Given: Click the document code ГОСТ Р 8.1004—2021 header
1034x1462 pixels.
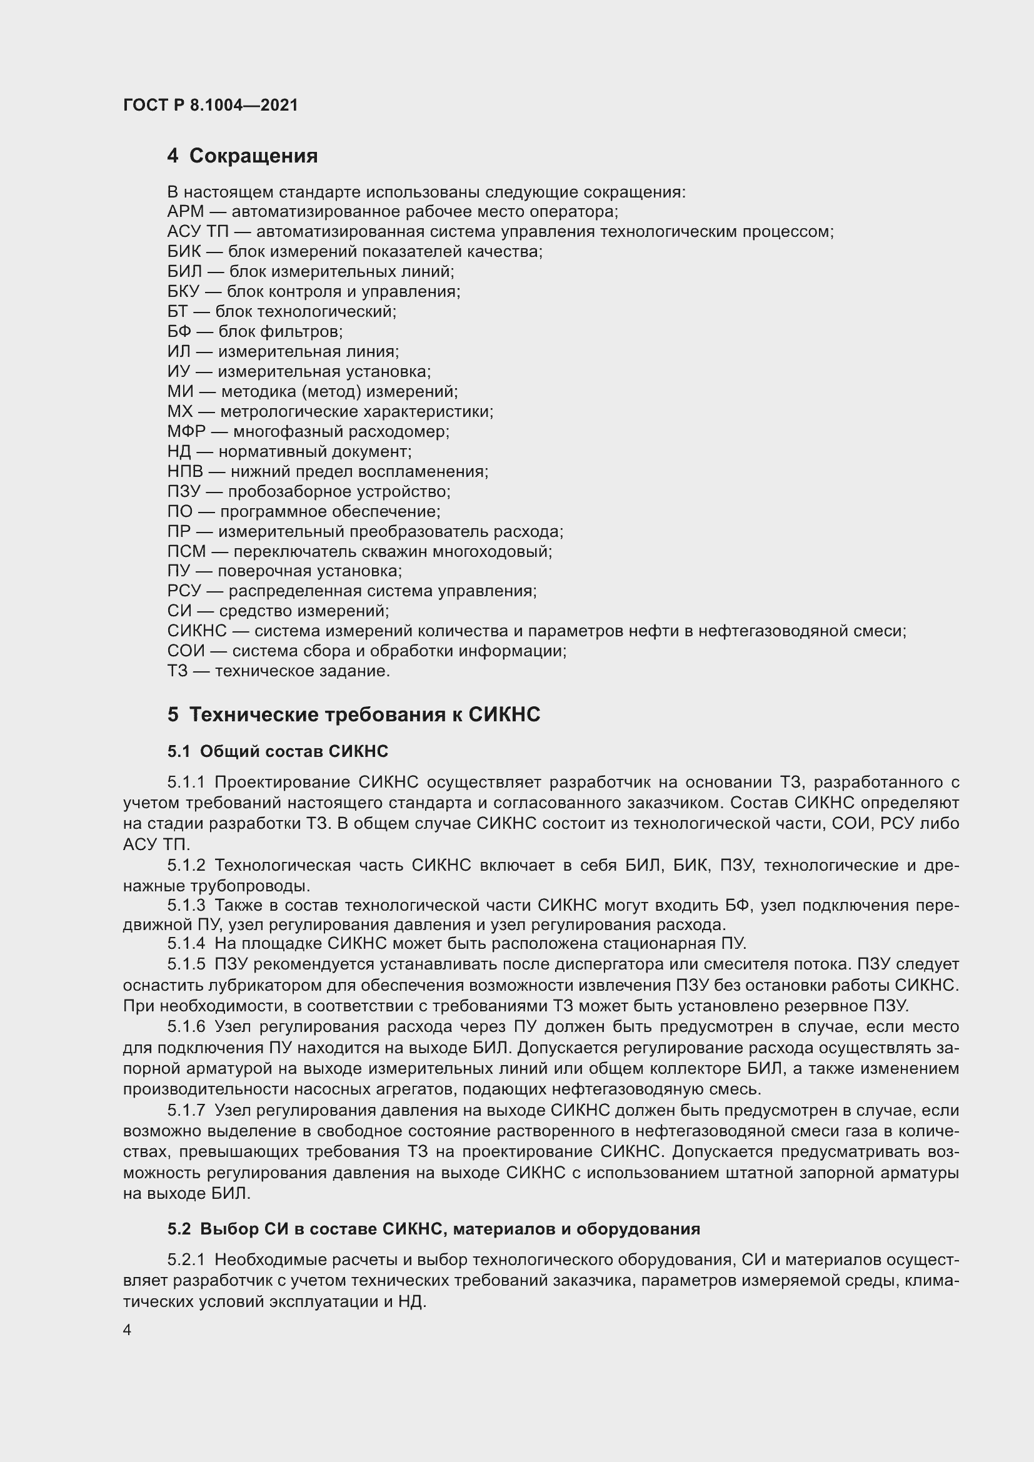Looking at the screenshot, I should click(x=210, y=105).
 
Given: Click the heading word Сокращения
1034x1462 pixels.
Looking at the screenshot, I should click(x=253, y=156).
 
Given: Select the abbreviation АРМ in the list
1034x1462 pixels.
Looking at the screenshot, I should click(x=185, y=211).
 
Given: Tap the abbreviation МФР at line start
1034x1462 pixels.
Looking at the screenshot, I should click(x=186, y=431).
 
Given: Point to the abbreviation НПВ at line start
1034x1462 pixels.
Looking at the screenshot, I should click(x=185, y=471).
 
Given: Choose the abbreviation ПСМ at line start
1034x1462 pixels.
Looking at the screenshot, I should click(x=186, y=551).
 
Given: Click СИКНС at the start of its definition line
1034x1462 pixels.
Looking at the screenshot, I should click(x=197, y=631).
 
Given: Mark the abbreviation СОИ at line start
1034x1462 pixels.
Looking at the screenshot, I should click(x=186, y=651).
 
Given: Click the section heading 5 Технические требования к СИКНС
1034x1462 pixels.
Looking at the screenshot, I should click(x=353, y=714).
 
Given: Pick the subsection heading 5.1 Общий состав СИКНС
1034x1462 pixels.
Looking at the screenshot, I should click(x=278, y=751).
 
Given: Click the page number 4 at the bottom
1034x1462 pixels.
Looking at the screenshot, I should click(x=128, y=1330).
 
